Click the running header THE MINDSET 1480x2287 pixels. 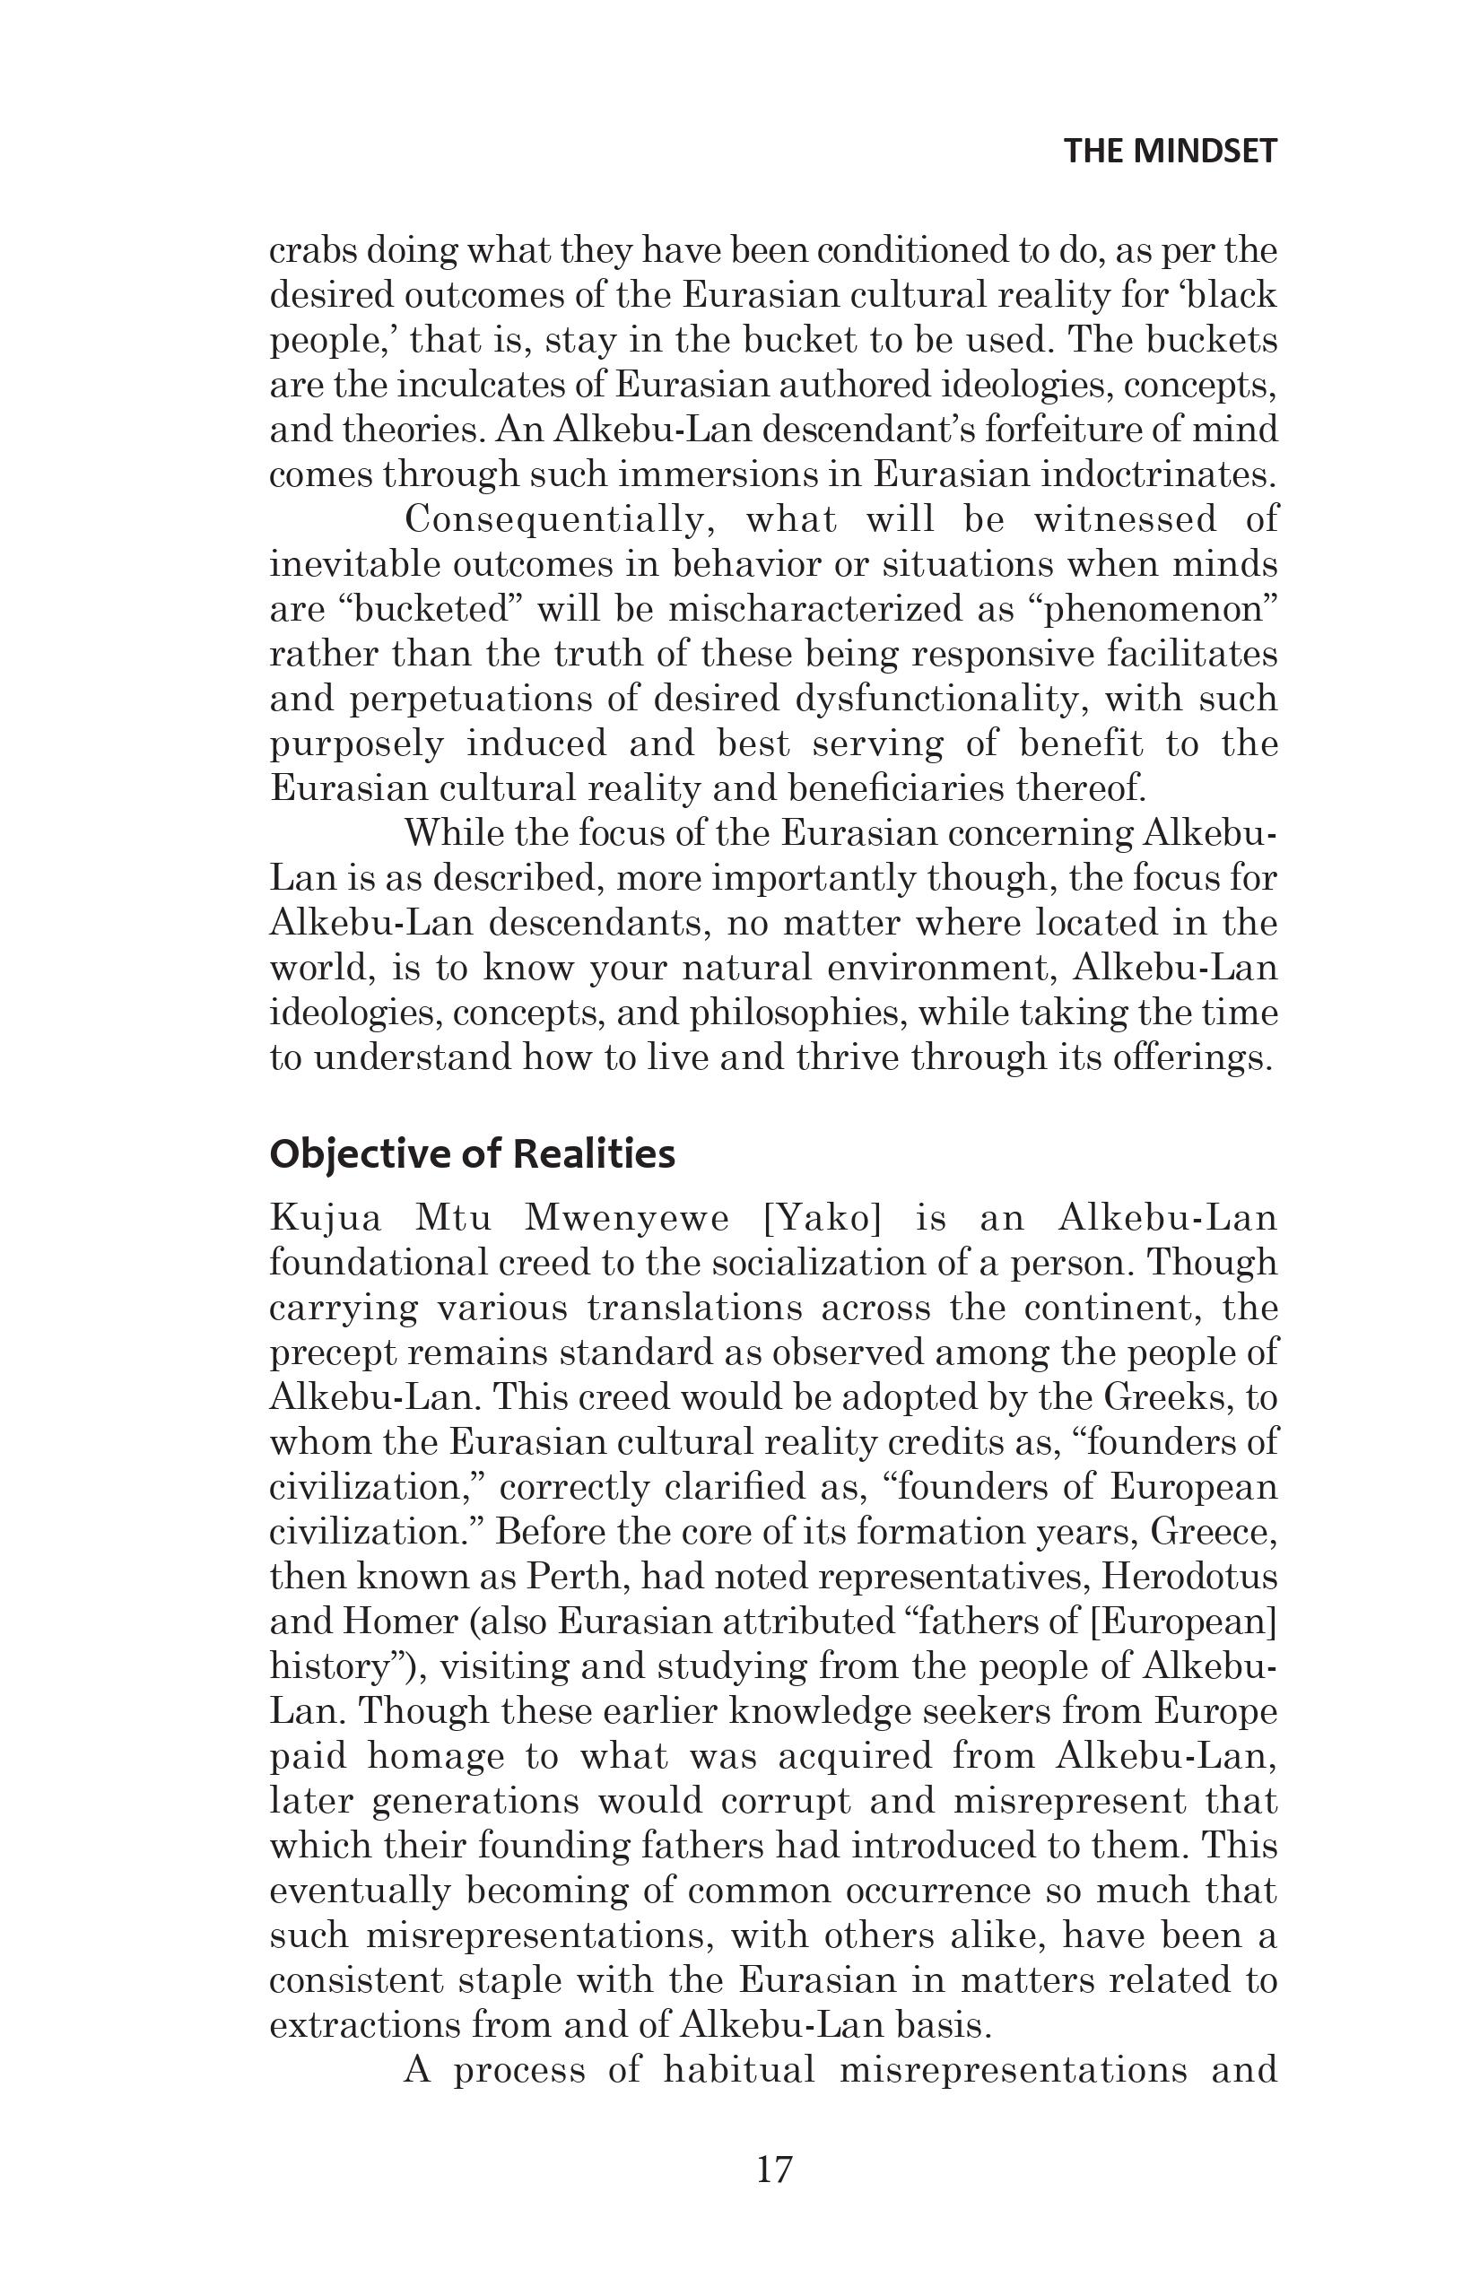coord(1170,152)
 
